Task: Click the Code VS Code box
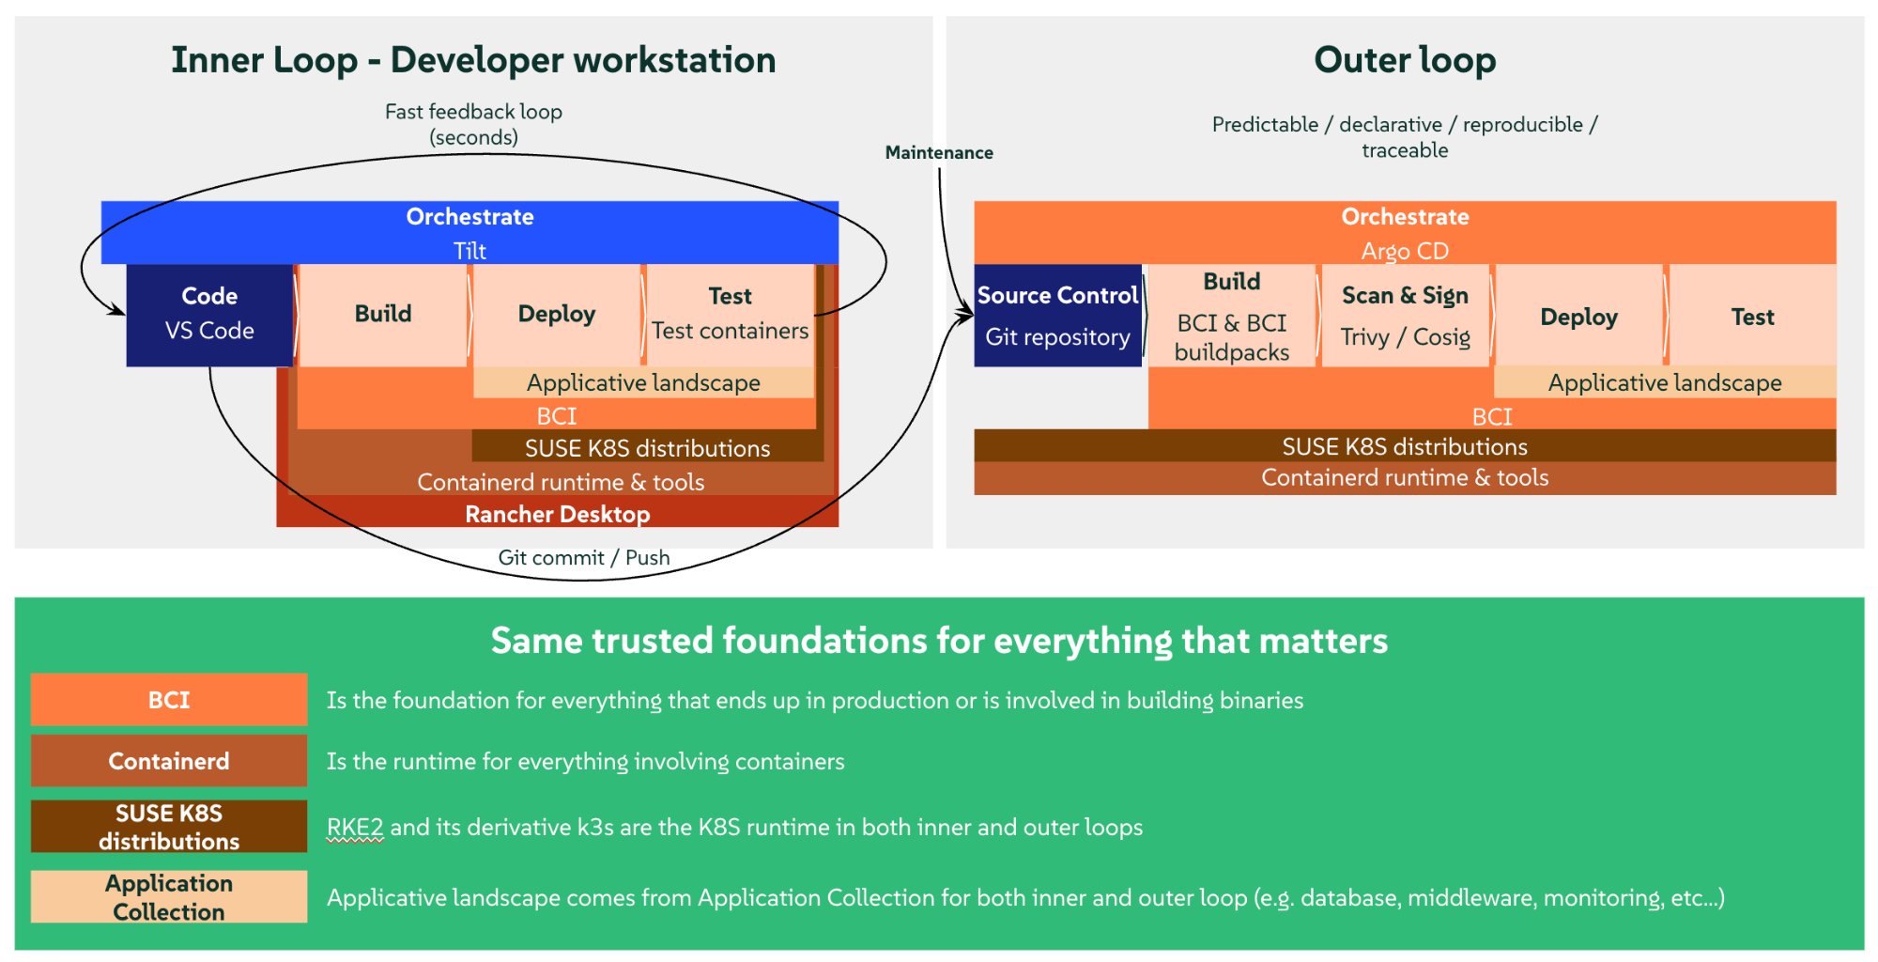coord(209,315)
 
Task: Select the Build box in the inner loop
coord(382,315)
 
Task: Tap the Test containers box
coord(730,315)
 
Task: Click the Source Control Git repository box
coord(1057,316)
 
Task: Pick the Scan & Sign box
coord(1405,316)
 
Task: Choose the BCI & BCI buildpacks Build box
coord(1231,316)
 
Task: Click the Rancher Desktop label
coord(557,514)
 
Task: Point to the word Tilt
coord(469,251)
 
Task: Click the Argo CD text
coord(1405,251)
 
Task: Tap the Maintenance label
coord(938,152)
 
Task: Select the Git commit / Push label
coord(583,557)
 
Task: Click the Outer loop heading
coord(1404,60)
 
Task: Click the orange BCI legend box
coord(169,700)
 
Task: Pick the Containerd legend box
coord(169,761)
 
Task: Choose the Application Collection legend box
coord(169,897)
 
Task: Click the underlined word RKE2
coord(355,828)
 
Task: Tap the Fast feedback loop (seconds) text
coord(473,124)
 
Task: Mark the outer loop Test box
coord(1752,317)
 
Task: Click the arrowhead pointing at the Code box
coord(118,310)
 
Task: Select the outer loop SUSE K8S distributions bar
coord(1404,446)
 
